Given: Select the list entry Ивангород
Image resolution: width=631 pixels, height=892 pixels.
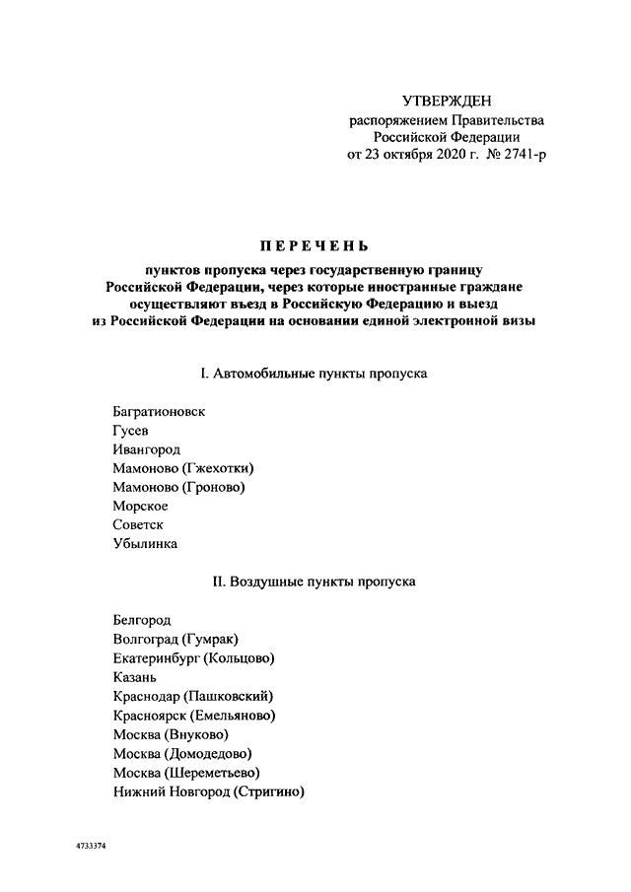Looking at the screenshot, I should pos(147,449).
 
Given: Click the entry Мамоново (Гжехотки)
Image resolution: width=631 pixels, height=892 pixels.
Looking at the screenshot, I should pos(190,468).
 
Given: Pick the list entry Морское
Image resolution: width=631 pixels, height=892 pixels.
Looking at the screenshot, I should pos(141,506).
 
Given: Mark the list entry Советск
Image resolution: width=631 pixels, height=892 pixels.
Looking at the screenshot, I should pos(138,524).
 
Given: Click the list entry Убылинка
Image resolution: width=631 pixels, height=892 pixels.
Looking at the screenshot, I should pos(146,543).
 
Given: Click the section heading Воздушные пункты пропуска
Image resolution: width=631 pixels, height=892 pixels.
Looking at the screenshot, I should pos(315,582).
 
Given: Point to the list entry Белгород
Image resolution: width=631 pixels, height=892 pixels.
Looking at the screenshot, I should pos(142,620).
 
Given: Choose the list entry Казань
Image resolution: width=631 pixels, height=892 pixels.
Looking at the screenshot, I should pos(136,677).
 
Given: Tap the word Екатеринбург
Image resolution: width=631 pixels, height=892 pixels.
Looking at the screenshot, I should pos(156,658).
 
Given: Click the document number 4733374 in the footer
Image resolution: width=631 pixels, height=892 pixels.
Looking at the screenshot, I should pos(90,846).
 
